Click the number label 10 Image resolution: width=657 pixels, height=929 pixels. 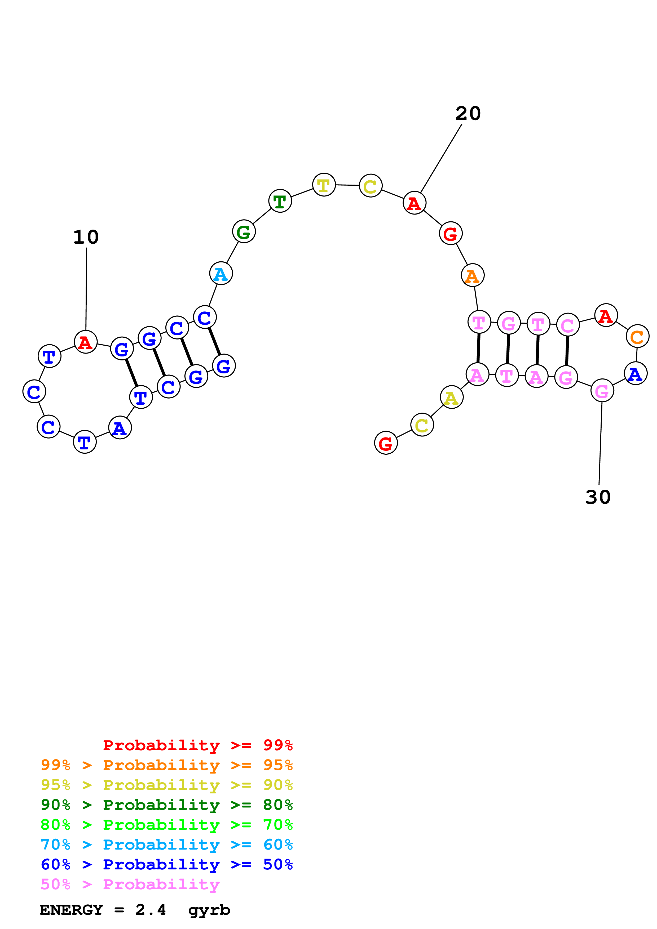[86, 237]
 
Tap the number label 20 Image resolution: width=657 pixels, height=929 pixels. [468, 114]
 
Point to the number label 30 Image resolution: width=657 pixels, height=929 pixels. [598, 497]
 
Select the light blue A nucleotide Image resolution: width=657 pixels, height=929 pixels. [221, 274]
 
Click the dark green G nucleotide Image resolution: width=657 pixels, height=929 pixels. [244, 232]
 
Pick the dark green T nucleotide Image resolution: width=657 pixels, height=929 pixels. [280, 201]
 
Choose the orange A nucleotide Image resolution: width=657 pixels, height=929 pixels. [472, 275]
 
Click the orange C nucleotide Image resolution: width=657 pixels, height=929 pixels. [637, 336]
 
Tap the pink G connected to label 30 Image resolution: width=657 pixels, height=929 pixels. [602, 391]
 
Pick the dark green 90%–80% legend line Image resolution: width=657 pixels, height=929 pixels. [166, 805]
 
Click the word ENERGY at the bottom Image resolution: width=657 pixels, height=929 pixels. [71, 910]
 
